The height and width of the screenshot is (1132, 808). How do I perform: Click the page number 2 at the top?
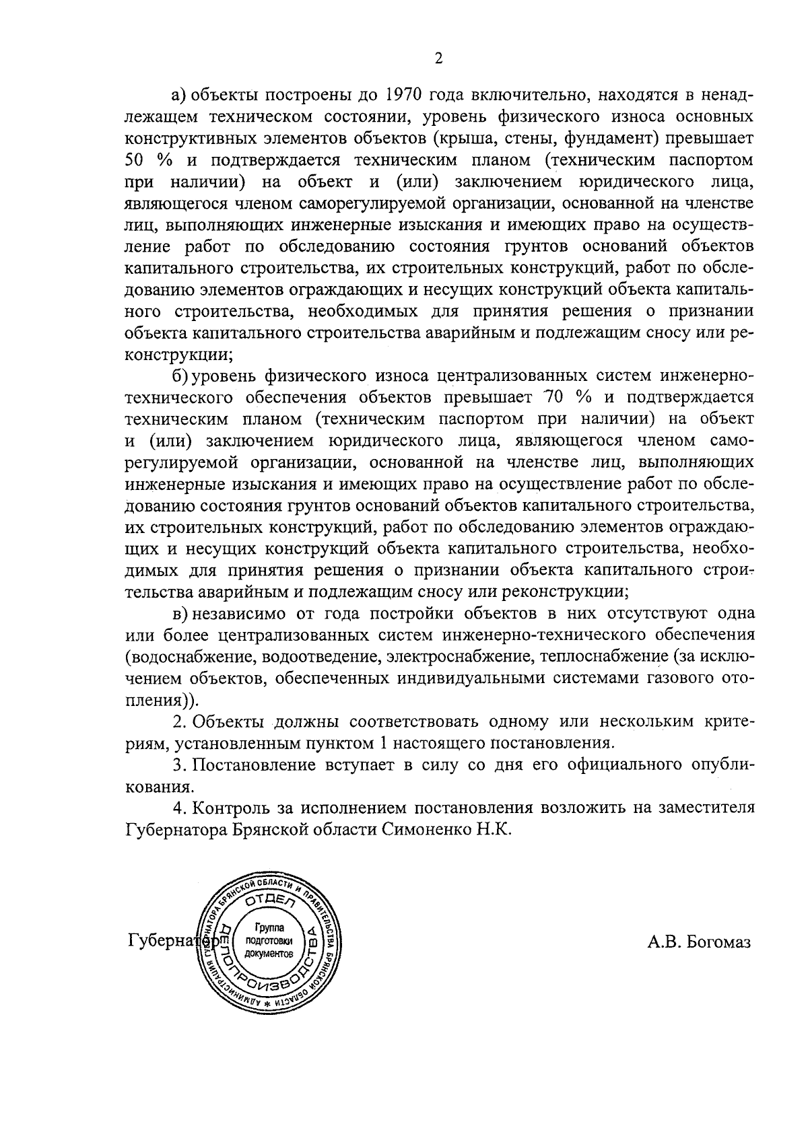coord(438,59)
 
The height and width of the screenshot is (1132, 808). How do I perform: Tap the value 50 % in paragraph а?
coord(144,160)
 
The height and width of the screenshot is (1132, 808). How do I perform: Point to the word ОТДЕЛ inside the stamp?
coord(267,900)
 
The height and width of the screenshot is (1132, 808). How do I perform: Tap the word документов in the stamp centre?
coord(269,955)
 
